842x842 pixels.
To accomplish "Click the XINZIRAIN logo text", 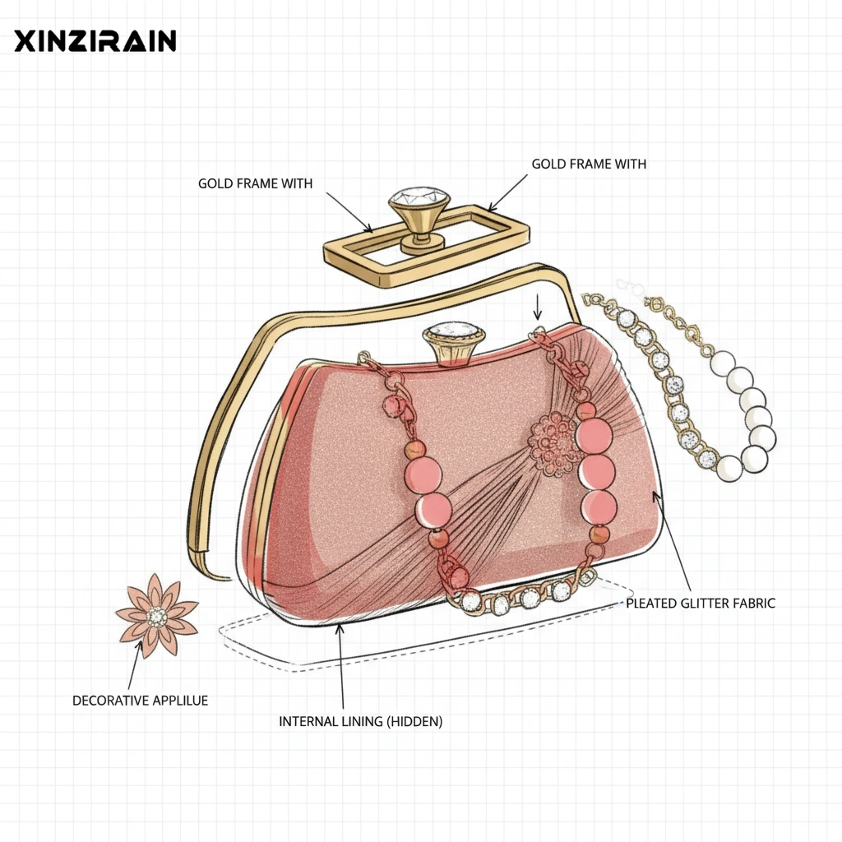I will click(x=95, y=41).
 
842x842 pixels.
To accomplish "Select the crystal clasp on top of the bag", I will click(x=454, y=333).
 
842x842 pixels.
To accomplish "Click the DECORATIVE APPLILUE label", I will click(x=141, y=701).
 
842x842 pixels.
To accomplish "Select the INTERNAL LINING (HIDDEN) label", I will click(x=360, y=722).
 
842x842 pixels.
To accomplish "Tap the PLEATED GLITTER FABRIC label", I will click(x=701, y=604).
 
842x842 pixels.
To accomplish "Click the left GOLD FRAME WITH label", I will click(x=255, y=183).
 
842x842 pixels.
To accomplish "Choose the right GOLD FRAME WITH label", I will click(x=589, y=164).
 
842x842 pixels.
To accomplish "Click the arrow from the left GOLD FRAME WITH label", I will click(x=350, y=212).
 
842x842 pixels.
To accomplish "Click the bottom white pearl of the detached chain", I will click(x=729, y=469).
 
